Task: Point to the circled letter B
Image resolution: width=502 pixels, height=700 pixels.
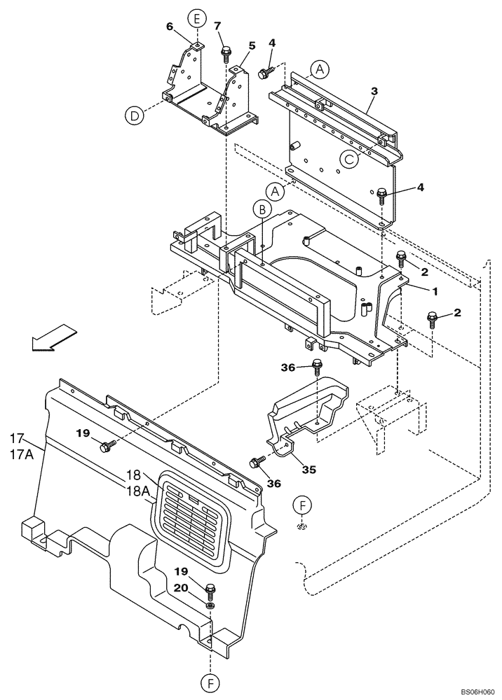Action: click(x=261, y=208)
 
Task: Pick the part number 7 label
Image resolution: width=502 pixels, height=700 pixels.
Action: click(x=217, y=25)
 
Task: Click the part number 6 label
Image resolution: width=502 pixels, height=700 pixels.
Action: click(x=169, y=27)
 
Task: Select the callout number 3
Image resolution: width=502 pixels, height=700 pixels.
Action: click(x=374, y=91)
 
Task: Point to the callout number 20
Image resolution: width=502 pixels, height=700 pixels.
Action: click(x=179, y=589)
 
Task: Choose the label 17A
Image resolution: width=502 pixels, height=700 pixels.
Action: click(x=22, y=454)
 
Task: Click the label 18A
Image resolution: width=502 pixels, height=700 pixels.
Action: click(x=138, y=491)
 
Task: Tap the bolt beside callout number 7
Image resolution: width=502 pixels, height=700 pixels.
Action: click(x=226, y=53)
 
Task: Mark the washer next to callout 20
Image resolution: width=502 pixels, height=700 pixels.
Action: click(x=210, y=605)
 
